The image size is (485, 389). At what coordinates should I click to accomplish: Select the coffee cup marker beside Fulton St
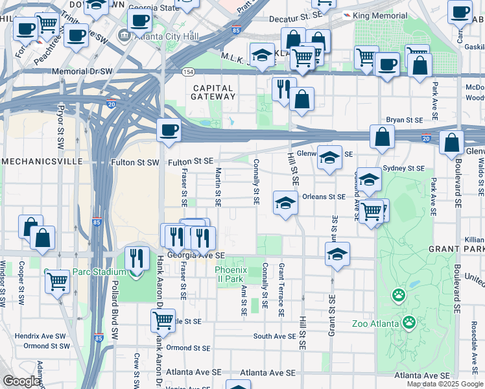[169, 130]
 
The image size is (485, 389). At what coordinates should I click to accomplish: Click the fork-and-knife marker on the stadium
[136, 258]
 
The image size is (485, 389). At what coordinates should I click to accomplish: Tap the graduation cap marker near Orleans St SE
[285, 203]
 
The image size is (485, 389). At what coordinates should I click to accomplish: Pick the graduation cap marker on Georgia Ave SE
[337, 253]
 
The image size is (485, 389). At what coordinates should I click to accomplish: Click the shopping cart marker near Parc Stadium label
[58, 281]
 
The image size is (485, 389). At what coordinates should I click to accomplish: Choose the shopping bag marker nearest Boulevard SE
[451, 142]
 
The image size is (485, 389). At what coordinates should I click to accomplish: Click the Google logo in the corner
[22, 382]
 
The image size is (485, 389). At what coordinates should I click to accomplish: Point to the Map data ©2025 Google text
[445, 384]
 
